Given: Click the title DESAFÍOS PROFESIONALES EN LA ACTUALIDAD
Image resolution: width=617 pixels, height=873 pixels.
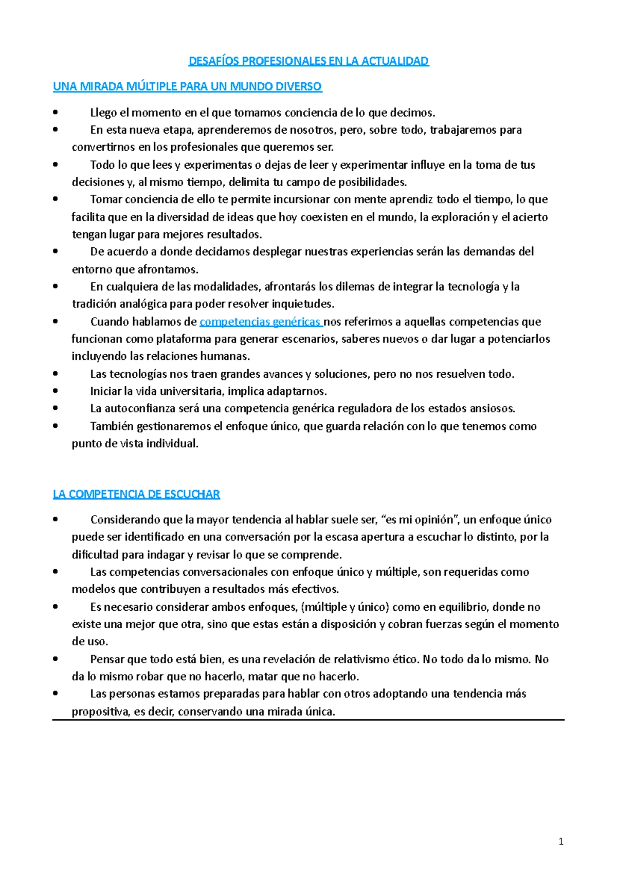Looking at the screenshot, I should [308, 61].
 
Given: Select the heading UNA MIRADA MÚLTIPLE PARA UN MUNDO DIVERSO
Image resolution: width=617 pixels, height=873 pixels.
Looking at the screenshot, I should [187, 86].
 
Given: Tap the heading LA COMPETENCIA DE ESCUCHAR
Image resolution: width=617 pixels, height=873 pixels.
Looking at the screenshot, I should [136, 495].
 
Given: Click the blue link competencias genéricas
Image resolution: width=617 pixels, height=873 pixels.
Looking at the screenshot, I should [260, 322].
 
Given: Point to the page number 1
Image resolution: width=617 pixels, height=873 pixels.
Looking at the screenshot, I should [561, 842].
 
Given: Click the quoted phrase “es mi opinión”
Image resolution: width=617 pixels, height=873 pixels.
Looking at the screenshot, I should [421, 520].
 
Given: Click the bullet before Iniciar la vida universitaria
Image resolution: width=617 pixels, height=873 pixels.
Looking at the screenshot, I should [56, 391].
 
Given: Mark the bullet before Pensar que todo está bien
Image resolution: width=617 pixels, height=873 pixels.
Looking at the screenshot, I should [56, 659].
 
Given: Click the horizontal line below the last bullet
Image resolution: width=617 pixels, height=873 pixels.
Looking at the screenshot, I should [308, 720].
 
